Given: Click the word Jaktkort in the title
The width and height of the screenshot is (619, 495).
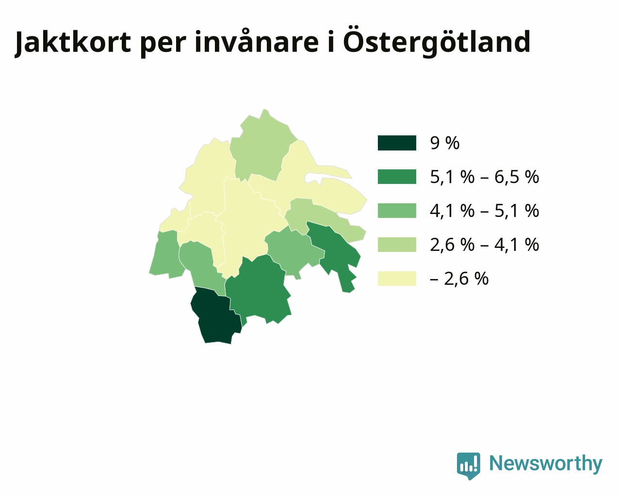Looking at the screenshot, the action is [73, 42].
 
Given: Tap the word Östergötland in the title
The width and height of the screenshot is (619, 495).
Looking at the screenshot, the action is [436, 42].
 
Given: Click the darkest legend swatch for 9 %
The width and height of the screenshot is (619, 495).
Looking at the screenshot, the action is [397, 143].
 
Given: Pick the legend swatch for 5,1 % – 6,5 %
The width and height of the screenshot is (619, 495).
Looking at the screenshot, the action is [397, 177].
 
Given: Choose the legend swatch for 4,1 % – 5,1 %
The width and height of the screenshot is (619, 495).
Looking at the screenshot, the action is [397, 211].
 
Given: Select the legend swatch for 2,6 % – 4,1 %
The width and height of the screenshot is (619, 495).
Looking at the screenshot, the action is [397, 244].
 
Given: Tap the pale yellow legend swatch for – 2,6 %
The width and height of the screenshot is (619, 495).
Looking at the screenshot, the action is [397, 278].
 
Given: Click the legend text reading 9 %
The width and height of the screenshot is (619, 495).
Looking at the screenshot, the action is [445, 143].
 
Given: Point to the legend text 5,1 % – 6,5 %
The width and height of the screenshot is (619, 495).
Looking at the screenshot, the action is [485, 177].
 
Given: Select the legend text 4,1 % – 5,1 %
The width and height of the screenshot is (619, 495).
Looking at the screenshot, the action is [485, 211].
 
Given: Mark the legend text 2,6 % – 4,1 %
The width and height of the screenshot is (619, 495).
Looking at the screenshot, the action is [485, 245].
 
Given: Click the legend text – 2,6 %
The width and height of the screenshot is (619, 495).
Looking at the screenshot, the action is [459, 279].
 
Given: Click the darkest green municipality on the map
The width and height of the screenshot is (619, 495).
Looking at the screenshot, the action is [217, 316].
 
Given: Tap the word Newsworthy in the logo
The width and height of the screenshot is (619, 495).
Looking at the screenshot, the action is [546, 463].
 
